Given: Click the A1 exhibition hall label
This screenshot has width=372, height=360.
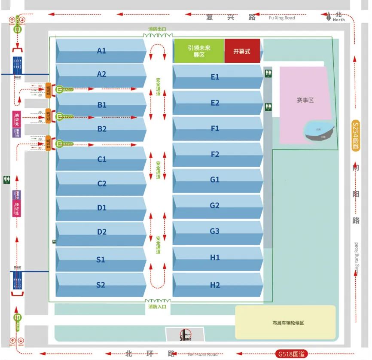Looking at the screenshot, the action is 101,51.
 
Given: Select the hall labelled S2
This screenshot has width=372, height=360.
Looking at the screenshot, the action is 101,284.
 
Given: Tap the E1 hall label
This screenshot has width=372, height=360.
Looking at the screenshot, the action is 215,77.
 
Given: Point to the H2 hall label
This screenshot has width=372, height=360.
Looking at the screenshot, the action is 215,285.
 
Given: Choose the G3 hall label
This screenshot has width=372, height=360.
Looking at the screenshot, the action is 215,231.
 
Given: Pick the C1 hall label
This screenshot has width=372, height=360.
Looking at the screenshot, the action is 101,159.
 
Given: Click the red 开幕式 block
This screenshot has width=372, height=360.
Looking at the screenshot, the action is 242,51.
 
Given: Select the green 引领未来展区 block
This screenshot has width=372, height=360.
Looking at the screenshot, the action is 198,51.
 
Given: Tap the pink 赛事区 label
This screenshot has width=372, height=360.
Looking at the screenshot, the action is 305,100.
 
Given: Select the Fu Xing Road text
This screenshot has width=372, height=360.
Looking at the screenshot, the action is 282,18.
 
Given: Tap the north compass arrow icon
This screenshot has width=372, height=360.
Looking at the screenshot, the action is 329,17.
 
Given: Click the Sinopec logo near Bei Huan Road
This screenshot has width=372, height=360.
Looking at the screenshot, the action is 186,335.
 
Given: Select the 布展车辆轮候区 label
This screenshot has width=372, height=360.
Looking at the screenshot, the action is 285,323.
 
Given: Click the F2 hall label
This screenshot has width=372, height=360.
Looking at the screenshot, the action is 215,154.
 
